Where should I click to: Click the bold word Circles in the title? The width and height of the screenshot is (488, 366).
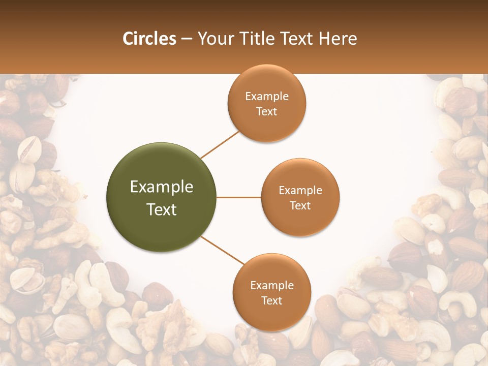[x=149, y=39]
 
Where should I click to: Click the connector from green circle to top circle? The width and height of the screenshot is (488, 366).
[x=220, y=144]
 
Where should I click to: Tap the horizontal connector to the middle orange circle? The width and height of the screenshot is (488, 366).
[x=239, y=197]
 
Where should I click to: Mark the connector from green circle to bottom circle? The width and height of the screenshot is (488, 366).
[x=222, y=251]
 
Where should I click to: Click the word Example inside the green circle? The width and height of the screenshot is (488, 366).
[x=162, y=187]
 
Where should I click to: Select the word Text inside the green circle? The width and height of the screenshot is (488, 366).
[x=162, y=209]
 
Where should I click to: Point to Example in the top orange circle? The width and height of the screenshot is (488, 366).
[x=267, y=97]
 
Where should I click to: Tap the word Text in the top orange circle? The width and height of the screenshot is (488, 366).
[x=267, y=112]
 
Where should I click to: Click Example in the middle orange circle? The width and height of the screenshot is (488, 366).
[x=300, y=191]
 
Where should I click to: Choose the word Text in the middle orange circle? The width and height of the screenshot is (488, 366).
[x=300, y=206]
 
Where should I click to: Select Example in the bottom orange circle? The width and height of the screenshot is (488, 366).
[x=272, y=286]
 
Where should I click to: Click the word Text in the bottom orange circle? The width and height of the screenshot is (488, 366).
[x=272, y=301]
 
